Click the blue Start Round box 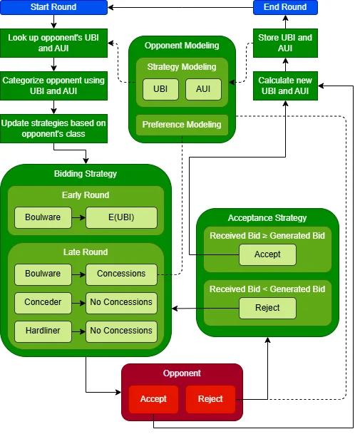(x=53, y=7)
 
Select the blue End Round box (x=285, y=7)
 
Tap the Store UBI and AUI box (x=285, y=43)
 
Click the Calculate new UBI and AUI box (x=285, y=87)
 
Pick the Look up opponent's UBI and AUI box (x=53, y=43)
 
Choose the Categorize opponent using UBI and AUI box (x=53, y=87)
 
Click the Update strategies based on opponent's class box (x=53, y=129)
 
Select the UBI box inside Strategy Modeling (x=161, y=89)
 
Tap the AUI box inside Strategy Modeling (x=203, y=89)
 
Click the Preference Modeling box (x=182, y=125)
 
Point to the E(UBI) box (x=121, y=217)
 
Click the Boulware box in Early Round (x=43, y=217)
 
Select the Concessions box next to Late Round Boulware (x=121, y=274)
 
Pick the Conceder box (x=43, y=302)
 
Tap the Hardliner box (x=43, y=331)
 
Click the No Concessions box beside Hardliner (x=121, y=331)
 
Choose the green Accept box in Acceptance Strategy (x=267, y=254)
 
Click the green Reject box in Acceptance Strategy (x=267, y=308)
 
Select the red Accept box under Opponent (x=153, y=399)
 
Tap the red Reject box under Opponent (x=210, y=399)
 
